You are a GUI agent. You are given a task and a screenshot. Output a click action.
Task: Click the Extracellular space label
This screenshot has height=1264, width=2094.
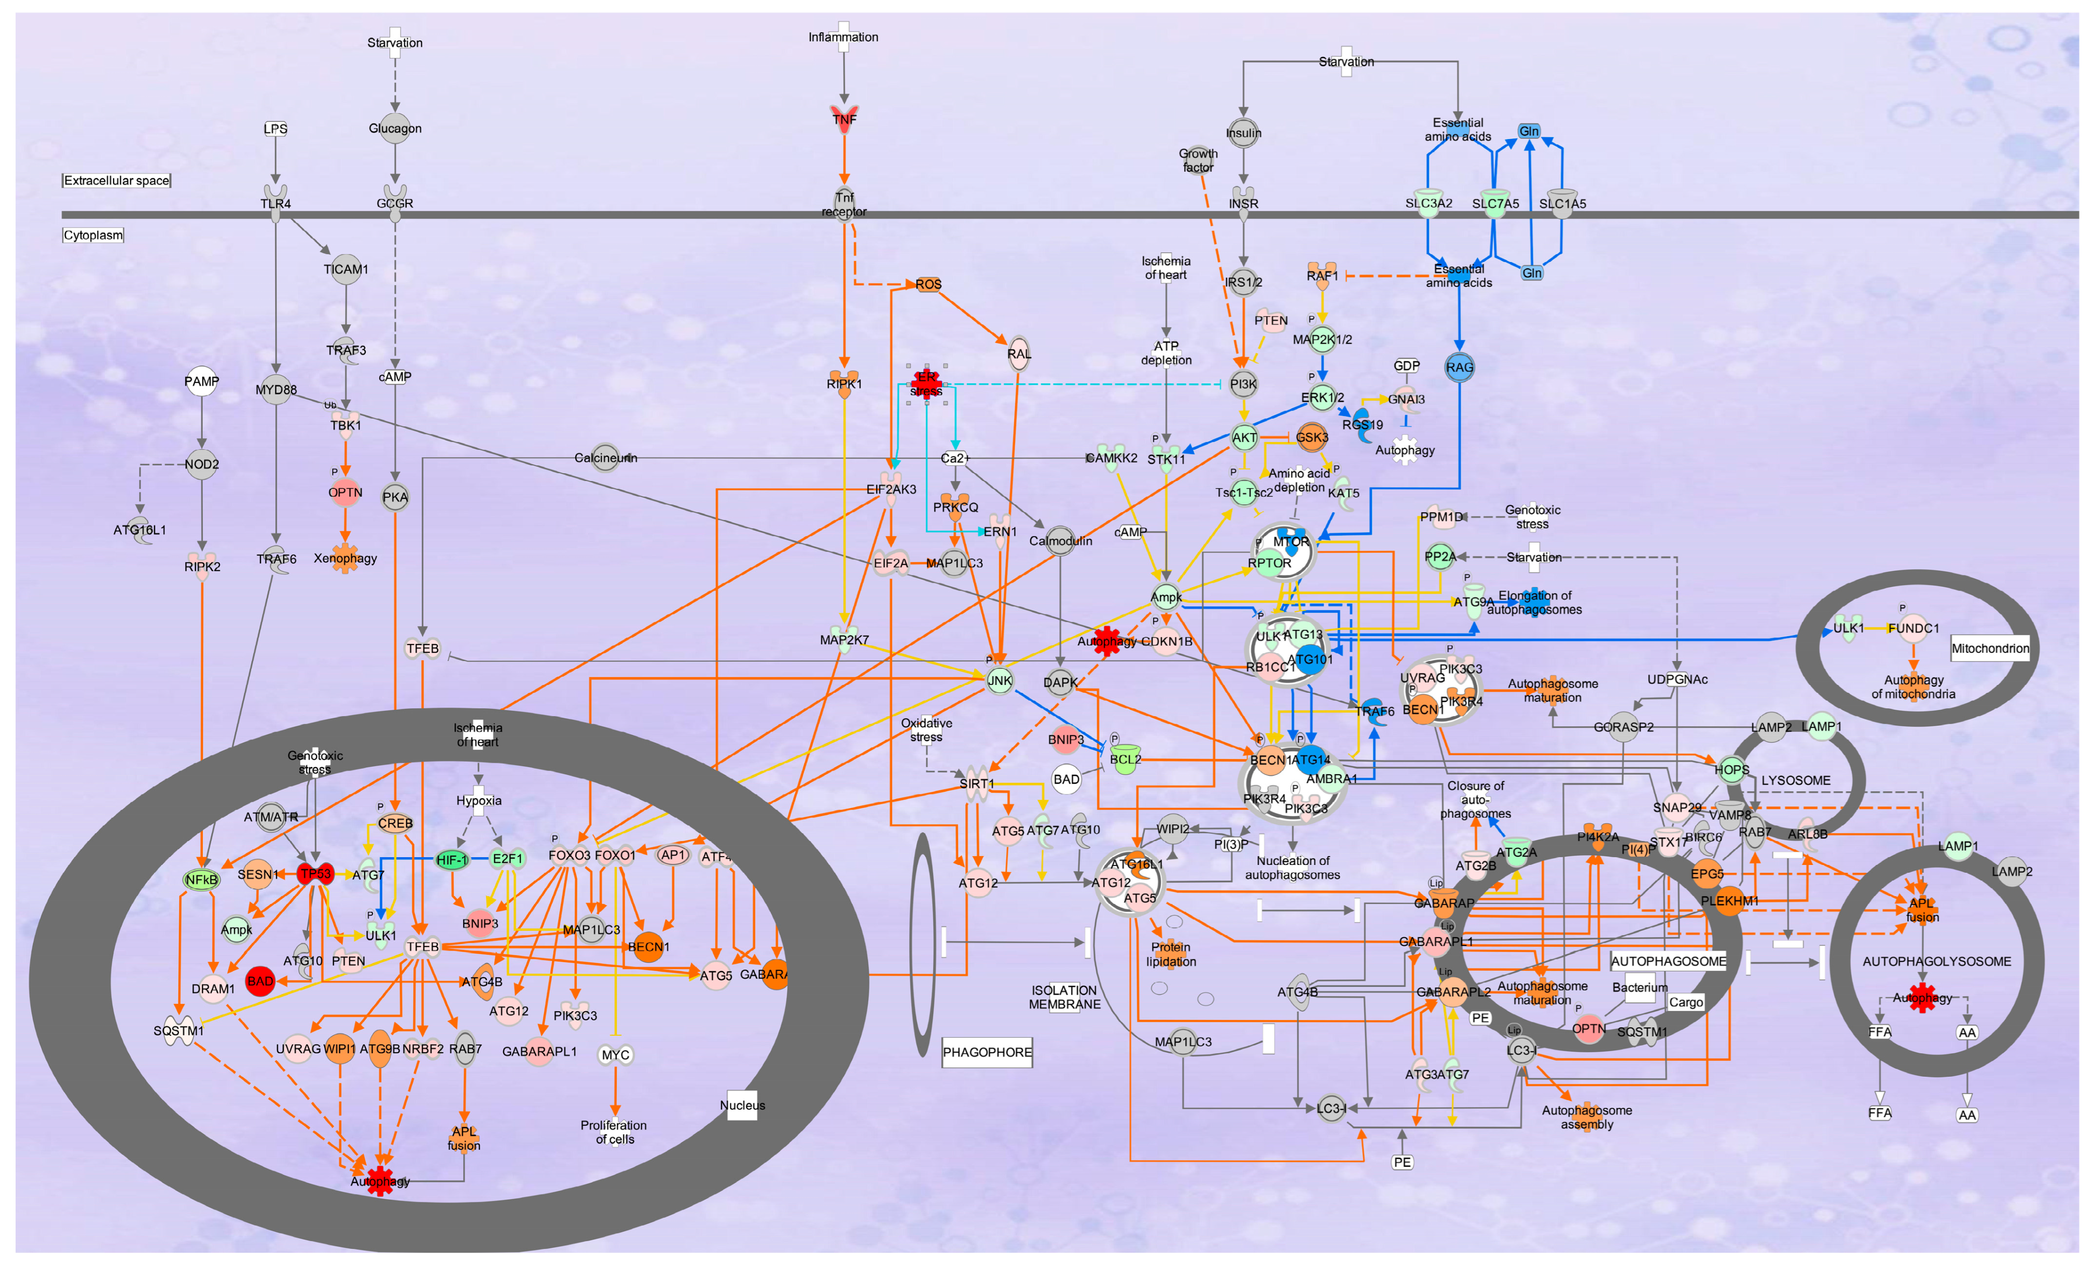click(x=116, y=180)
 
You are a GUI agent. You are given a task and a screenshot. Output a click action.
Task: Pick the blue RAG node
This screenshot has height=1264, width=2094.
click(x=1459, y=367)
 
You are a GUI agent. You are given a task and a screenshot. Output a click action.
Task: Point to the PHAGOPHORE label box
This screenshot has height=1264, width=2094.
click(x=987, y=1051)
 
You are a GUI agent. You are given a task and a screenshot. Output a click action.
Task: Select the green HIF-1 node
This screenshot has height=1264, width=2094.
click(x=452, y=859)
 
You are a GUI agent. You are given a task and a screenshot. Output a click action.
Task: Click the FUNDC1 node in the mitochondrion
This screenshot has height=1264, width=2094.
click(x=1913, y=628)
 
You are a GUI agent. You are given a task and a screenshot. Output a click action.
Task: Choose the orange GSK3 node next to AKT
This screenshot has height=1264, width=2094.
click(x=1311, y=437)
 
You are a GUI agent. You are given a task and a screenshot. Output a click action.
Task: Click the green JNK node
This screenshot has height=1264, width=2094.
click(x=1000, y=680)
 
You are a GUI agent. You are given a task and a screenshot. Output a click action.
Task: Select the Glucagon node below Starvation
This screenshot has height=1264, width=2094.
click(x=394, y=128)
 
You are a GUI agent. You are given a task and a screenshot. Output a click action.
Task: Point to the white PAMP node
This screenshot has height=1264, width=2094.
click(x=201, y=381)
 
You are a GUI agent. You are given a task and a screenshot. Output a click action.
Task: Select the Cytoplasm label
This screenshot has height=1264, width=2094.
click(x=93, y=235)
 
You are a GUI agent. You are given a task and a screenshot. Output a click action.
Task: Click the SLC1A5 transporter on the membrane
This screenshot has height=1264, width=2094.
click(x=1562, y=202)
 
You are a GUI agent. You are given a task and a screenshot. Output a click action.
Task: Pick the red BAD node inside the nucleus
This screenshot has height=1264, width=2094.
click(x=260, y=981)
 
